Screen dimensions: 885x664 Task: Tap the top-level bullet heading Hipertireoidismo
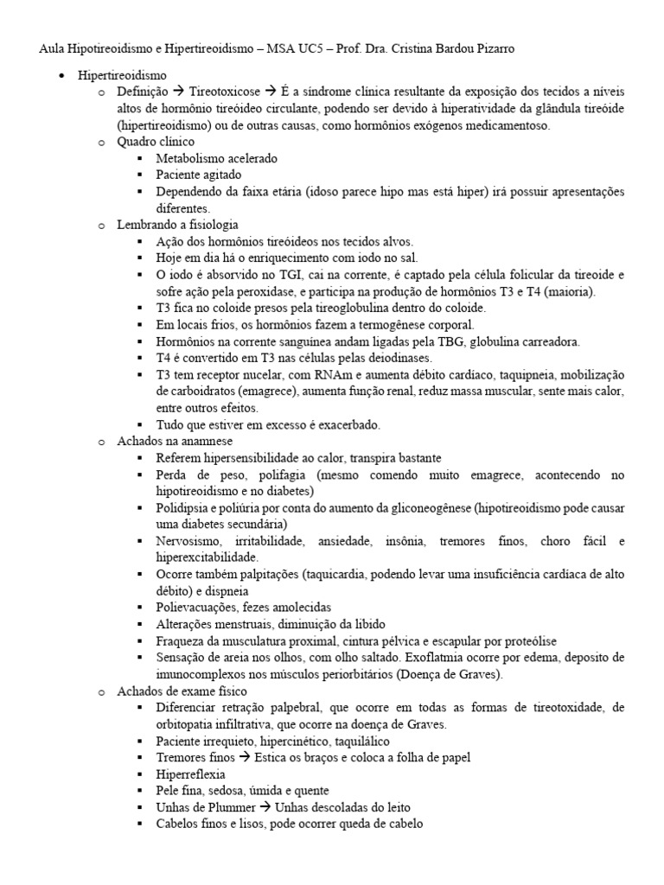[123, 76]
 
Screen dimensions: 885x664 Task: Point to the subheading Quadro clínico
[156, 142]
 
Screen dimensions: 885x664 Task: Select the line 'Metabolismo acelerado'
[216, 158]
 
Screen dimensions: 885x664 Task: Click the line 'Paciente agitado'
[197, 175]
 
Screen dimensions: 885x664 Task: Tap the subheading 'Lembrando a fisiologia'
[177, 225]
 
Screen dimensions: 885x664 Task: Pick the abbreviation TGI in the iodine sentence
[270, 275]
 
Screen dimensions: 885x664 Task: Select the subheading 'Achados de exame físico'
[182, 691]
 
